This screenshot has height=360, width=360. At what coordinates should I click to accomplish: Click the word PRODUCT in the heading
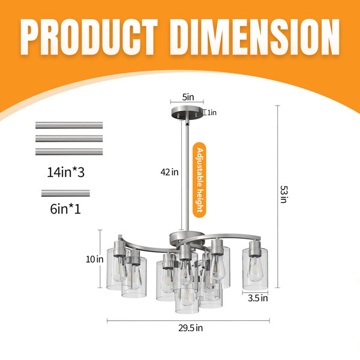[x=89, y=37]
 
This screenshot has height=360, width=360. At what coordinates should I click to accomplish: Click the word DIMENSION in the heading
[x=254, y=37]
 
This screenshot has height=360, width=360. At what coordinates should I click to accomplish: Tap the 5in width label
[x=188, y=97]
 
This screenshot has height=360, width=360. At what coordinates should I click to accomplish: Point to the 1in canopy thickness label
[x=212, y=113]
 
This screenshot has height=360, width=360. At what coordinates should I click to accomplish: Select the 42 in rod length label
[x=169, y=172]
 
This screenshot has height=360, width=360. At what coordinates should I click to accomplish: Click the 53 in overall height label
[x=284, y=194]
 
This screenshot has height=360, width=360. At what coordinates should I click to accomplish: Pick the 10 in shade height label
[x=95, y=259]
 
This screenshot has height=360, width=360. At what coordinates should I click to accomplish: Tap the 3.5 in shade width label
[x=258, y=298]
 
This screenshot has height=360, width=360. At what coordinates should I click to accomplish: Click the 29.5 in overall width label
[x=191, y=328]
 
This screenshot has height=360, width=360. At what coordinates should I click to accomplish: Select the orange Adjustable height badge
[x=199, y=180]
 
